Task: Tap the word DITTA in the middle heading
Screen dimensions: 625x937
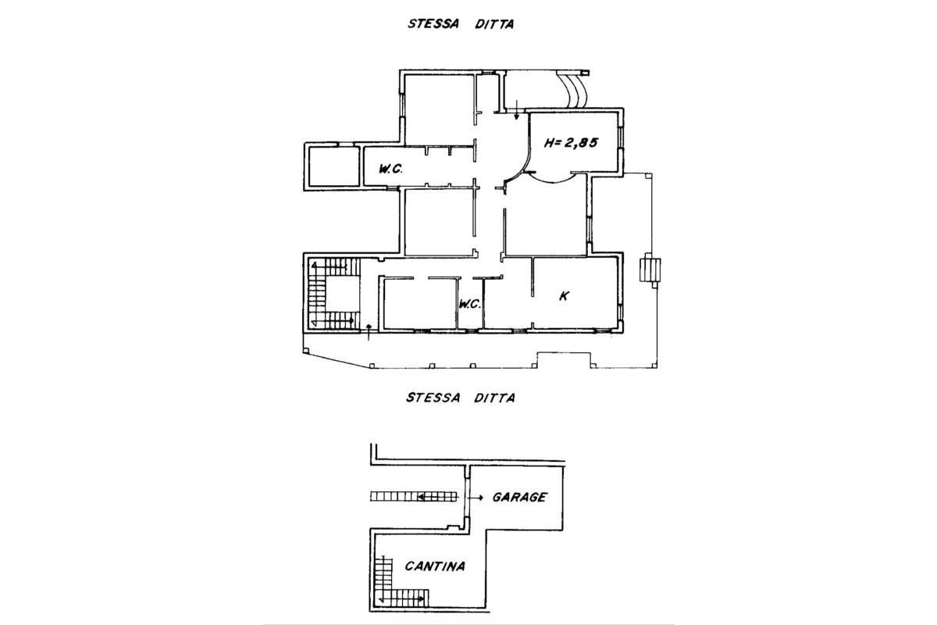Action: tap(494, 398)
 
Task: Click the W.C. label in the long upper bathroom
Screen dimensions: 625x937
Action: tap(390, 169)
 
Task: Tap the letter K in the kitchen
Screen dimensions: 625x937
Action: tap(565, 296)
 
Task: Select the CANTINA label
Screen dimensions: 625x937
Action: tap(435, 566)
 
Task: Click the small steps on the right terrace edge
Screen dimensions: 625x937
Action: tap(650, 271)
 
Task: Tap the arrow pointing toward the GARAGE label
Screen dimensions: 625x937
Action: tap(476, 498)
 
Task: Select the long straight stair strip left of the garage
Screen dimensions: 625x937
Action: tap(414, 496)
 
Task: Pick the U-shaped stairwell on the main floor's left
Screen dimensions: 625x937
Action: tap(332, 295)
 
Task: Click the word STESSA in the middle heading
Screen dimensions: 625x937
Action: tap(432, 398)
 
